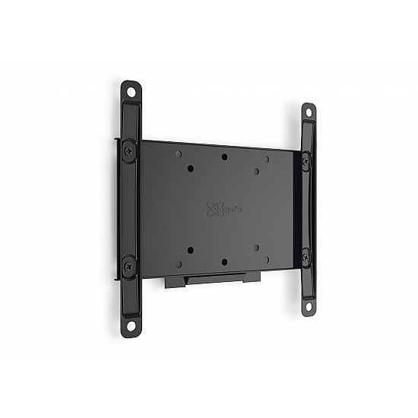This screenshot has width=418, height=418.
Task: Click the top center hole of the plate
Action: [x=224, y=157]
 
